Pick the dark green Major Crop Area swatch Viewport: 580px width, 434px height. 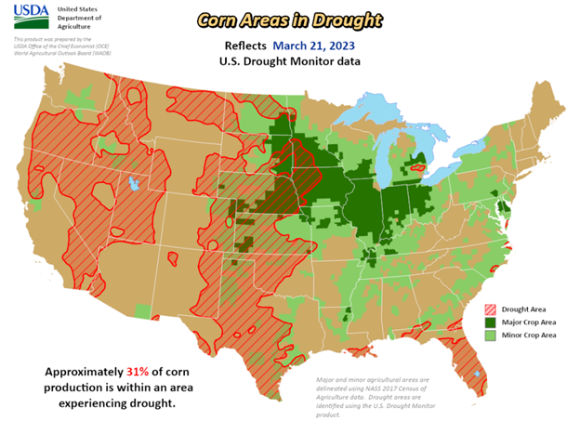coord(491,322)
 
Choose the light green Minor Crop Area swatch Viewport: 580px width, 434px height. coord(491,335)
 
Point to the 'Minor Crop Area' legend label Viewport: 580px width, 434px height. coord(530,335)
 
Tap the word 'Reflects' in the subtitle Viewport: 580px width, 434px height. coord(245,45)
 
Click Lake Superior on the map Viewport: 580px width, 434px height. coord(372,112)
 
